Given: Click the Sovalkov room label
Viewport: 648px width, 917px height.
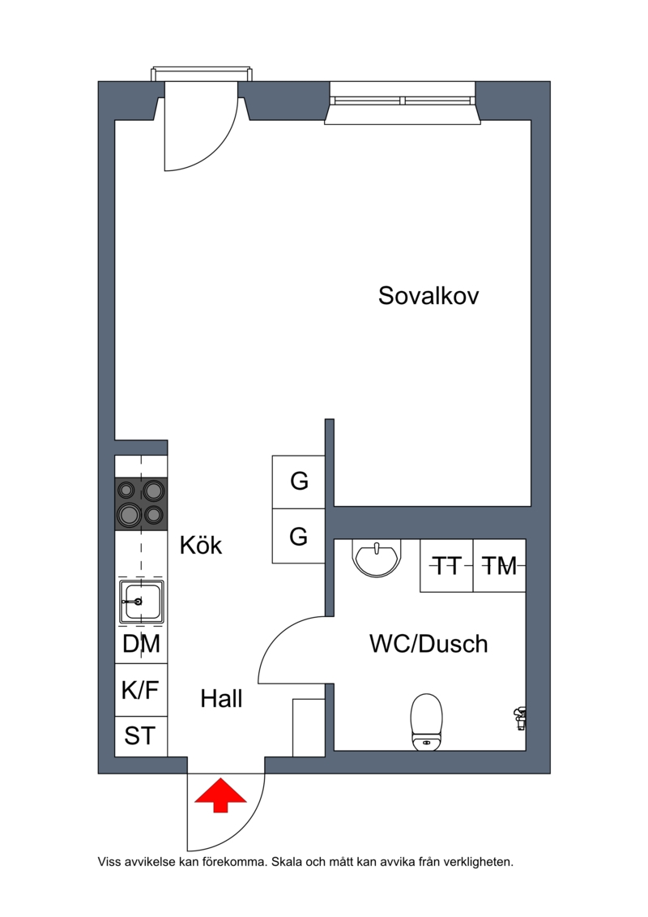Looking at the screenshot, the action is click(428, 295).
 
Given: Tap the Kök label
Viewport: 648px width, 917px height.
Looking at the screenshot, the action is click(200, 545).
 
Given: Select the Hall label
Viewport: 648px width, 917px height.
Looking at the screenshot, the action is click(221, 698).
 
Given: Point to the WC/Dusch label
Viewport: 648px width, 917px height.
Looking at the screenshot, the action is click(428, 643).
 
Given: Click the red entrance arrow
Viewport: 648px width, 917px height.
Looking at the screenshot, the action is click(220, 795).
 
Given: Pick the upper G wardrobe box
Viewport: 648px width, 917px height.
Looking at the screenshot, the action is click(299, 482).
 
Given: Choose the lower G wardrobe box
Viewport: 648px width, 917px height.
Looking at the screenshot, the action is click(299, 536).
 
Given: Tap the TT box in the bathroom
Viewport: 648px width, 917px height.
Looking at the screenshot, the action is click(446, 565).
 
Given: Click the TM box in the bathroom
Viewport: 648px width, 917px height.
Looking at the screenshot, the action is click(499, 565).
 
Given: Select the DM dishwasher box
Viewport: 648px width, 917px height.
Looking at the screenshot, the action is click(141, 644).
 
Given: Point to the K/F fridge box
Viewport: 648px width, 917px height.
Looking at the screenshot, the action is click(141, 689).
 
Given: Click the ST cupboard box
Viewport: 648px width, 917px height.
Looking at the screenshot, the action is click(141, 735).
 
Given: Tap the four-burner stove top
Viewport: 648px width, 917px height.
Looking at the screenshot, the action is click(141, 504).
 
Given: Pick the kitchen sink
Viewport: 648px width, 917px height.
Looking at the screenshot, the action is click(141, 601).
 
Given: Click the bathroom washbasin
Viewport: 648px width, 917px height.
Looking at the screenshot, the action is click(377, 558).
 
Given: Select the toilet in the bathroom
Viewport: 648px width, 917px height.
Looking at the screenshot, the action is click(427, 722).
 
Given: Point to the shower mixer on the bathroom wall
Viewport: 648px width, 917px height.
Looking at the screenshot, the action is click(519, 718).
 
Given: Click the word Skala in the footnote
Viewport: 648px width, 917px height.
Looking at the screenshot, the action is click(284, 861).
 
